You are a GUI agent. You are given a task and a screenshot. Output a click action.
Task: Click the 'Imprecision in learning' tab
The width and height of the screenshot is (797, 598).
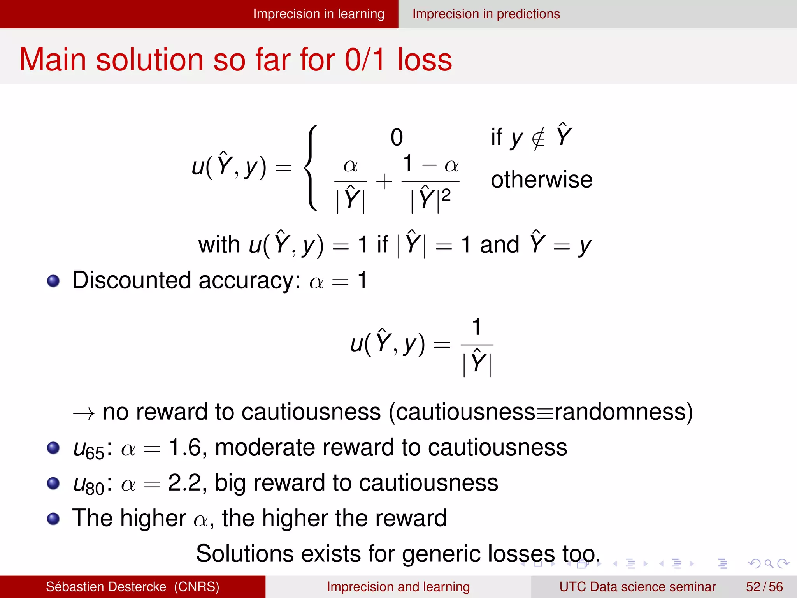click(318, 14)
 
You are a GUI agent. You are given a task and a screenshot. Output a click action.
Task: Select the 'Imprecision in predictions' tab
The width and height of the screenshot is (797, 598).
click(486, 14)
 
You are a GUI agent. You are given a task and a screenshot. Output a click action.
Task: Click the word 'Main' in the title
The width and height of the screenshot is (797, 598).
click(53, 60)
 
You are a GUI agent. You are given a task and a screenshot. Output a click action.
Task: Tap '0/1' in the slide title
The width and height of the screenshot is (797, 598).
click(365, 60)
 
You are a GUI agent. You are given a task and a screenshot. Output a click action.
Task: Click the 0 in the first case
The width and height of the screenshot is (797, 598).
click(397, 137)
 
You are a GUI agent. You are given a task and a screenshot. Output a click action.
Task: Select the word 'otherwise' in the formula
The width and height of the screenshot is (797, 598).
click(541, 180)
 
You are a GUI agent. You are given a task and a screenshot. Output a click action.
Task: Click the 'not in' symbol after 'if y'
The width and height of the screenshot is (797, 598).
click(539, 138)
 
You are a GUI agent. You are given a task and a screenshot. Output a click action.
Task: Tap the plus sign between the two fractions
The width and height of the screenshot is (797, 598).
click(384, 181)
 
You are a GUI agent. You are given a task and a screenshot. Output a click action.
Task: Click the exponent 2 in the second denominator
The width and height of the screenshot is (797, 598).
click(446, 195)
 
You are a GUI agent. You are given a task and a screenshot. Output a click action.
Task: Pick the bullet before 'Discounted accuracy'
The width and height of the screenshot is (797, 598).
click(53, 281)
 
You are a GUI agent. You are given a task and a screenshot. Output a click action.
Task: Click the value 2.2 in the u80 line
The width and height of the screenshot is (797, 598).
click(185, 483)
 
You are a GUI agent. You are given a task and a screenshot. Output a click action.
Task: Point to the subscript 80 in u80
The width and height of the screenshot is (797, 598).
click(95, 489)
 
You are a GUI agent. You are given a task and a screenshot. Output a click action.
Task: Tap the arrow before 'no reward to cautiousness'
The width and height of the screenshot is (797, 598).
click(84, 413)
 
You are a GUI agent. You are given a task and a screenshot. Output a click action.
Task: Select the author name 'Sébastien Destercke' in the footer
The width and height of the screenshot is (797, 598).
click(106, 587)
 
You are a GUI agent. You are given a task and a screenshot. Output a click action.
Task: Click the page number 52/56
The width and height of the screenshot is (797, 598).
click(764, 587)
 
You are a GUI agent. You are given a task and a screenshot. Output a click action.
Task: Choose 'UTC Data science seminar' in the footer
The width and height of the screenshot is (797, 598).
click(637, 587)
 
